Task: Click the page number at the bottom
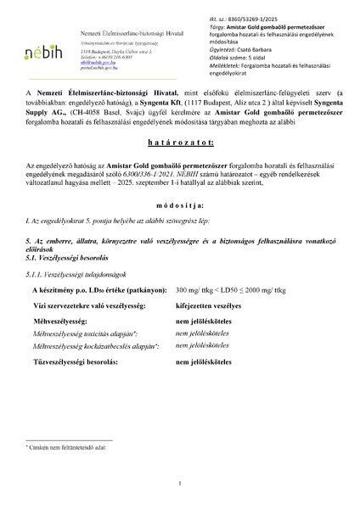(180, 484)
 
